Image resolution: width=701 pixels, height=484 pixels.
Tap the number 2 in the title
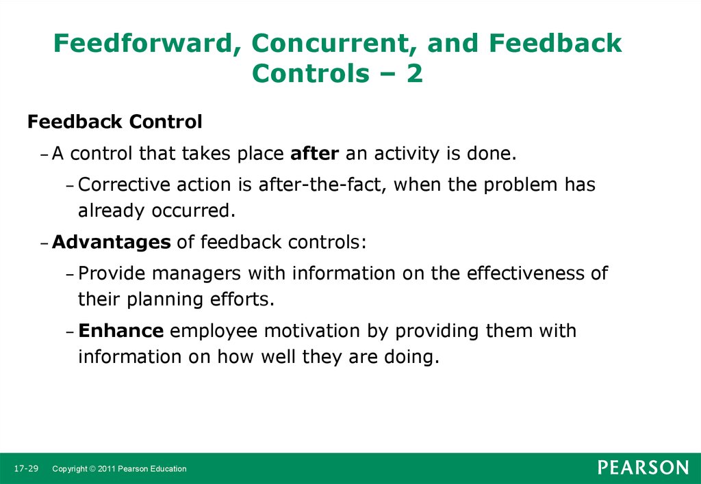(414, 73)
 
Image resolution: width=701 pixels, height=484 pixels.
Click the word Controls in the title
(311, 73)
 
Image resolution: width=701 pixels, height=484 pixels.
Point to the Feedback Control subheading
(115, 122)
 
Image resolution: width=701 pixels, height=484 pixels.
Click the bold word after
(315, 154)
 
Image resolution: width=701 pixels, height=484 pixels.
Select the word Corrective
(125, 185)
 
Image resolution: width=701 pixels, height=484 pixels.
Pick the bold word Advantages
(112, 243)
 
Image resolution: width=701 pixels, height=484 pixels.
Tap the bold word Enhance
(121, 331)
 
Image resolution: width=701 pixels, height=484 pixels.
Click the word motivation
(312, 331)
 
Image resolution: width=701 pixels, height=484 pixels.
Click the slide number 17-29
(27, 468)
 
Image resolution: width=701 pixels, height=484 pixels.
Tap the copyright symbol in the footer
(92, 469)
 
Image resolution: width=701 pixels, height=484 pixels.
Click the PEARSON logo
(643, 468)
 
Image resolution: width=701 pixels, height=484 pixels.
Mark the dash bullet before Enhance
(69, 332)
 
